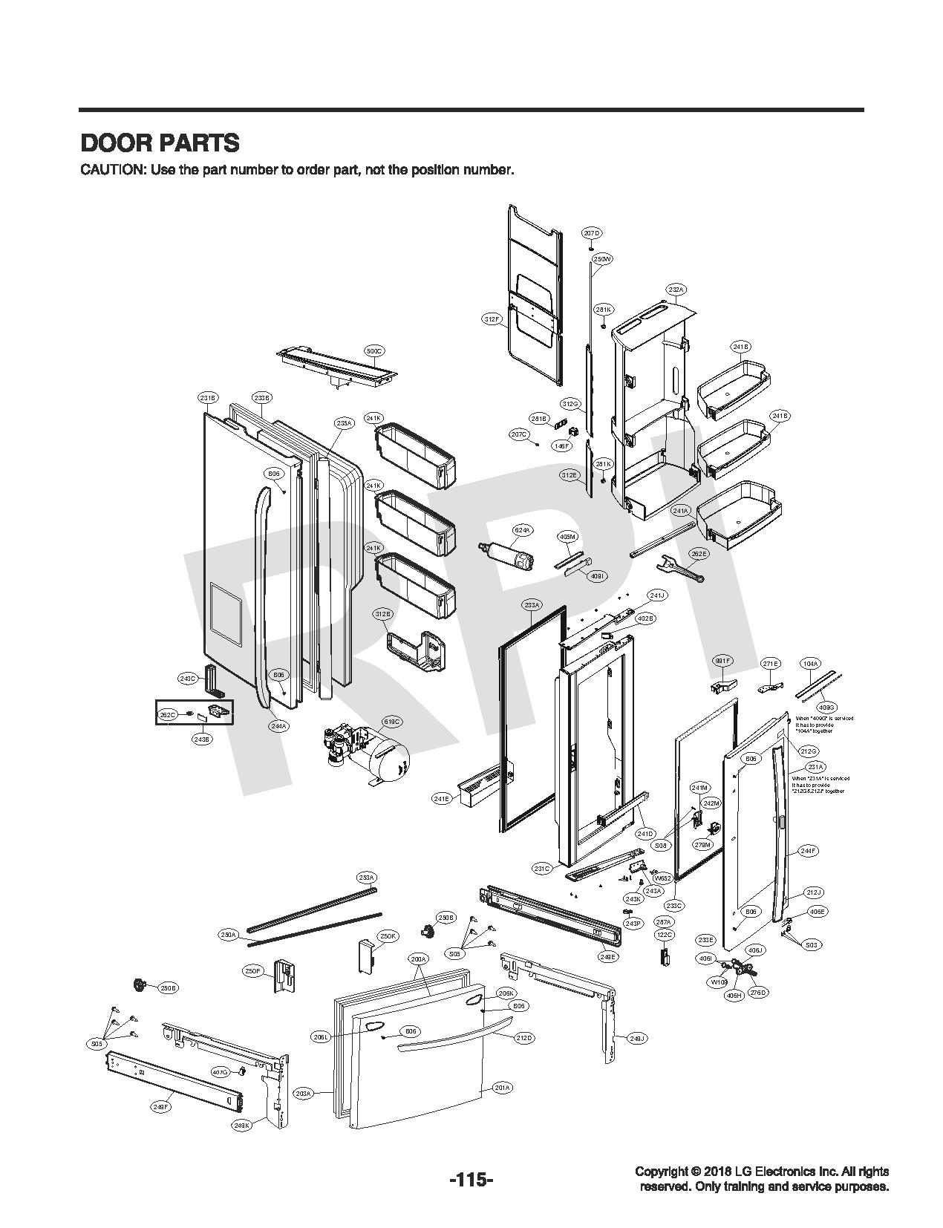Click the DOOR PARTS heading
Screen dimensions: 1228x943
(160, 142)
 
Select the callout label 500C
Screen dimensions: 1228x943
(375, 350)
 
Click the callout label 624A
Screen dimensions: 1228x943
(523, 530)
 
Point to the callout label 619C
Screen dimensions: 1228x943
(391, 722)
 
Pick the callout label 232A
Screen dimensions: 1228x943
(676, 289)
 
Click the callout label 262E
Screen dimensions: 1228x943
(699, 553)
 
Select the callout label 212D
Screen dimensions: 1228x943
(524, 1037)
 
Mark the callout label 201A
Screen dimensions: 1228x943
(503, 1088)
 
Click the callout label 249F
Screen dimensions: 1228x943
(161, 1107)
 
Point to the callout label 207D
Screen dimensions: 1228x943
(591, 233)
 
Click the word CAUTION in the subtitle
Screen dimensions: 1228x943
(112, 170)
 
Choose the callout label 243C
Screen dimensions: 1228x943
(188, 679)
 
